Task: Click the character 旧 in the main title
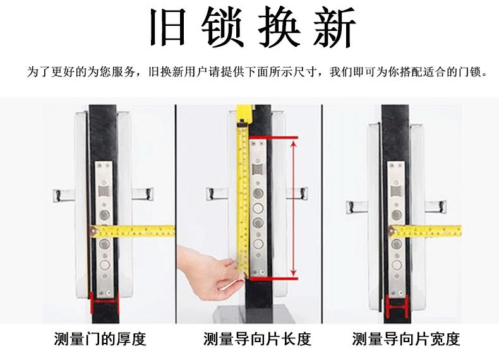click(x=168, y=27)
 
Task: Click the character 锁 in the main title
click(x=223, y=27)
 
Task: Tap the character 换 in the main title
click(x=279, y=27)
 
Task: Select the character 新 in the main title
click(x=334, y=27)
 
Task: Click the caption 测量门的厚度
click(x=100, y=339)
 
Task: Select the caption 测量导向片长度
click(x=257, y=339)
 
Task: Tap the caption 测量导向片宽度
click(x=406, y=339)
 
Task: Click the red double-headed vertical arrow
click(x=294, y=209)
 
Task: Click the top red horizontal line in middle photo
click(x=273, y=138)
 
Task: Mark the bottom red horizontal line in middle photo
click(x=273, y=278)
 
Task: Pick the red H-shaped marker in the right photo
click(x=397, y=306)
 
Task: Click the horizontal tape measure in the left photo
click(x=133, y=231)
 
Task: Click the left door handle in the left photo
click(x=64, y=195)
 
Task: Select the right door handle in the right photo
click(x=435, y=206)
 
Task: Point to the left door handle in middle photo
click(x=217, y=193)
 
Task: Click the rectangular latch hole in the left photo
click(x=104, y=191)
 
